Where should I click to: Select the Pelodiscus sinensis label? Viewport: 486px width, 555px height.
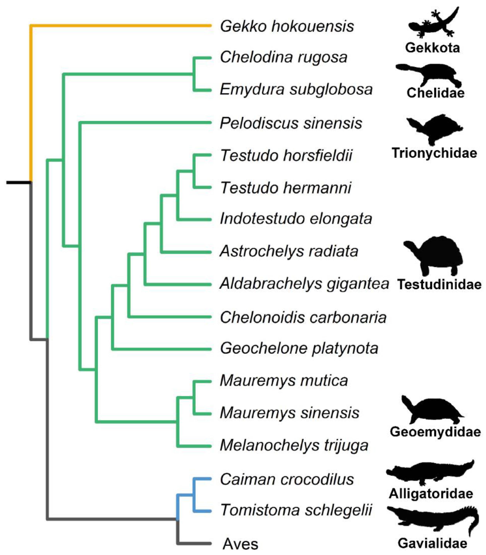[291, 123]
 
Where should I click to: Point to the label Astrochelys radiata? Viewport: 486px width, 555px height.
[289, 251]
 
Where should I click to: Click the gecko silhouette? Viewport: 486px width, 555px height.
[433, 23]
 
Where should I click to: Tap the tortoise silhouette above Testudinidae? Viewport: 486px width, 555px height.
[434, 255]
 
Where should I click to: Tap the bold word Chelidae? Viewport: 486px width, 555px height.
[435, 93]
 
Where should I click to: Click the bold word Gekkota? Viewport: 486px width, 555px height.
[432, 48]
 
